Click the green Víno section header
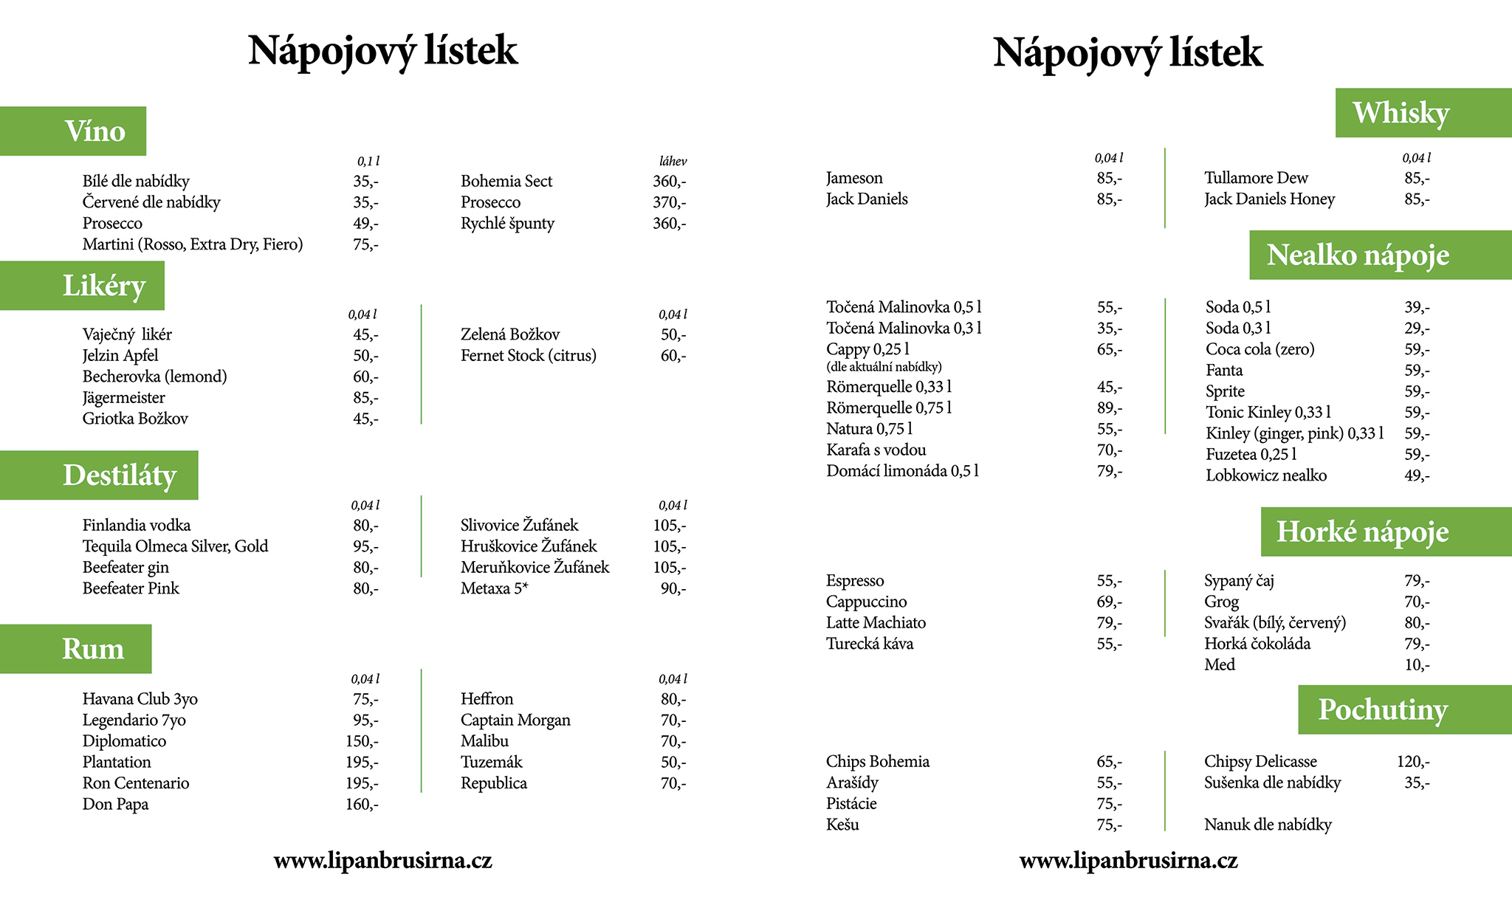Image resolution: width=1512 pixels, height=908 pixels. [x=74, y=131]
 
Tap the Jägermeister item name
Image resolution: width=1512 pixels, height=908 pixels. [x=124, y=398]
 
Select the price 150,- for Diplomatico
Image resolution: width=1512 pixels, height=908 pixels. [x=362, y=741]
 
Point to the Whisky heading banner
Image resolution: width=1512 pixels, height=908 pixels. [x=1422, y=113]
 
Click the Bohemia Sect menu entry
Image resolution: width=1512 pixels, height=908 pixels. [x=506, y=182]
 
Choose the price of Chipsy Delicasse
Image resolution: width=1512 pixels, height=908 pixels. [x=1412, y=762]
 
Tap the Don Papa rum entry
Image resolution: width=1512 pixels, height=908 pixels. [x=115, y=805]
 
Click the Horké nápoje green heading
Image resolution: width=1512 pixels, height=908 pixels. [x=1385, y=532]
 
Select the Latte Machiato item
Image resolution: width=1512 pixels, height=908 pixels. [x=876, y=623]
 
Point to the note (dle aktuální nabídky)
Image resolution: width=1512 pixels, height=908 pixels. [x=884, y=367]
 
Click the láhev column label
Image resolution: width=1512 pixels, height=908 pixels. [x=673, y=162]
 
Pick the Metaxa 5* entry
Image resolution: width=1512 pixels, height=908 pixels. [x=495, y=589]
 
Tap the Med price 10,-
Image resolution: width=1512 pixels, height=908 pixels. [x=1417, y=665]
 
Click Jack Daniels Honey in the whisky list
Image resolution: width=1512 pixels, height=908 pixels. [x=1269, y=199]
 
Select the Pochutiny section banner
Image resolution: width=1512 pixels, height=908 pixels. [x=1403, y=709]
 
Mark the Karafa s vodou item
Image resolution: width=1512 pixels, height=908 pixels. [x=876, y=450]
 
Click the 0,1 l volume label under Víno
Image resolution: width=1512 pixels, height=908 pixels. [x=368, y=162]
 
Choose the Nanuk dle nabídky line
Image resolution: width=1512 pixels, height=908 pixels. [x=1268, y=825]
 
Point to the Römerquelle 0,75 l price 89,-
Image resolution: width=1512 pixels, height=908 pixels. [x=1109, y=408]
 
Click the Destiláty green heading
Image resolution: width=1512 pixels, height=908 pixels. [x=100, y=475]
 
